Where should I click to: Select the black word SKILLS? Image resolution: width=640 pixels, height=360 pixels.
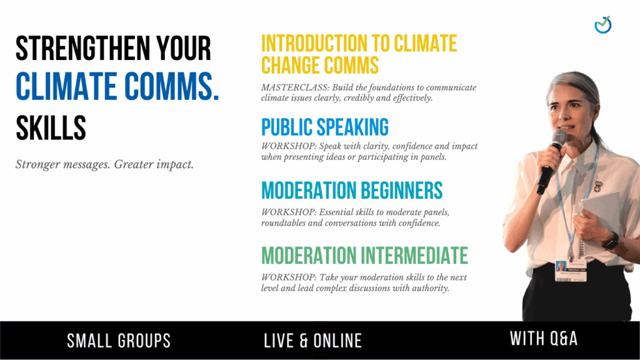point(51,127)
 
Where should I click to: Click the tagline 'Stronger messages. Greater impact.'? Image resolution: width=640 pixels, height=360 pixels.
point(104,164)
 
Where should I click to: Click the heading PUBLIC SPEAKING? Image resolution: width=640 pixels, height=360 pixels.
point(325,127)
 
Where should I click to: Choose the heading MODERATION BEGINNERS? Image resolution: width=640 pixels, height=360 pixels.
point(352,191)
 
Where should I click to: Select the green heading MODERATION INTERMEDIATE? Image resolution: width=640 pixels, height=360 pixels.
point(364,256)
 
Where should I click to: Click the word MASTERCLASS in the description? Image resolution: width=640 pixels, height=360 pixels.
point(295,87)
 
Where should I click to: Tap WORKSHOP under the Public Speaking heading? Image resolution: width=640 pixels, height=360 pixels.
point(289,146)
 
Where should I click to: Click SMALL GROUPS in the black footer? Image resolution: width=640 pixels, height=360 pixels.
point(119,341)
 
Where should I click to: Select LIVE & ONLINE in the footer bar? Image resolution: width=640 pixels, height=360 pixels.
point(313,341)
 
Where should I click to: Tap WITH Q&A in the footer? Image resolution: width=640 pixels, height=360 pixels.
point(544,338)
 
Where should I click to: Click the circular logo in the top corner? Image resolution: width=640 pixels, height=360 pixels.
point(603,25)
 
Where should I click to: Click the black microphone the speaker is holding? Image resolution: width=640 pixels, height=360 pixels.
point(551,162)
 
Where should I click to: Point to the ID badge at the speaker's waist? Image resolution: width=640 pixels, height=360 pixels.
point(571,271)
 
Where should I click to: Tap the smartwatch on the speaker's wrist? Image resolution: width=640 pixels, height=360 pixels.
point(611,241)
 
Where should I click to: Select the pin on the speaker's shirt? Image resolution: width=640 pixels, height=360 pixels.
point(597,186)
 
